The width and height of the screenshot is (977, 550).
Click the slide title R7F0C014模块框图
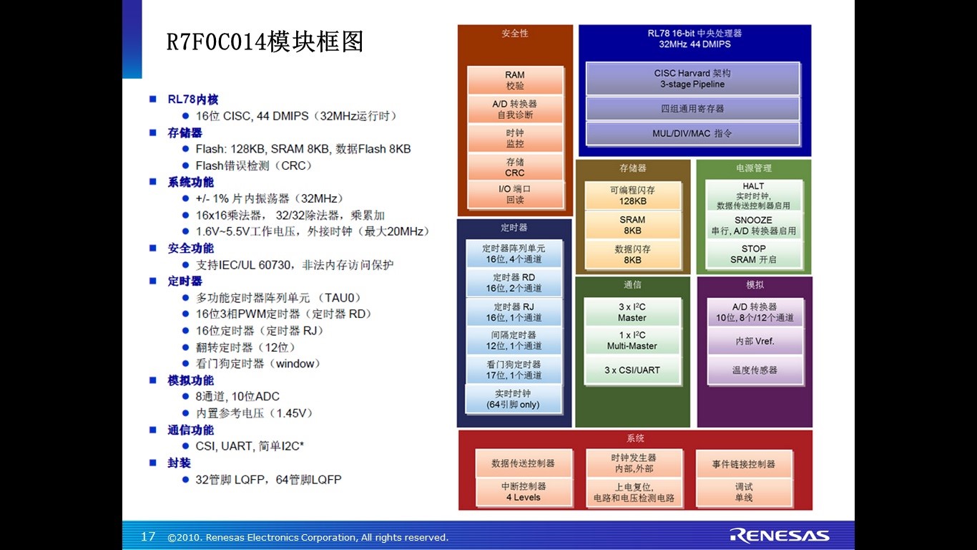click(x=265, y=42)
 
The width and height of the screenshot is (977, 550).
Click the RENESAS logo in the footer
click(x=780, y=536)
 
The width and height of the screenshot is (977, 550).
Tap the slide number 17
click(x=148, y=536)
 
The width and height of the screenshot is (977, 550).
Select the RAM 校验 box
click(x=515, y=80)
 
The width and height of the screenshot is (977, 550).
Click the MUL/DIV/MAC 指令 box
click(x=692, y=134)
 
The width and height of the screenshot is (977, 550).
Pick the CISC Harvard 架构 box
click(x=692, y=79)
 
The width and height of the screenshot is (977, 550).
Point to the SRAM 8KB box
click(x=632, y=225)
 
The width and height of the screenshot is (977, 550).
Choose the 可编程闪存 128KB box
click(x=632, y=196)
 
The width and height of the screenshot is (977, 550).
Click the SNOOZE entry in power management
click(x=754, y=226)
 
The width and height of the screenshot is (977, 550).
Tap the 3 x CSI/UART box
click(x=632, y=370)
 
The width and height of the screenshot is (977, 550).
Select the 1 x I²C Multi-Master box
click(x=632, y=340)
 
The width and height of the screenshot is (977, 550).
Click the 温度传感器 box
click(x=755, y=370)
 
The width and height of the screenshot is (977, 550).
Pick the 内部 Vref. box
click(x=755, y=341)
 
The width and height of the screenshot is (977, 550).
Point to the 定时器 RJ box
click(x=514, y=312)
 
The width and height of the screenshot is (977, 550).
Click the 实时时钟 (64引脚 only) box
click(x=513, y=399)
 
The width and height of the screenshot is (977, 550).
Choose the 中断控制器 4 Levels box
click(x=524, y=492)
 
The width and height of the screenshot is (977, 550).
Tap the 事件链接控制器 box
click(x=744, y=464)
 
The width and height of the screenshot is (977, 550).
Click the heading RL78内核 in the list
click(x=193, y=100)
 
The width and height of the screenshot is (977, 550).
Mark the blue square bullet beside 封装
click(x=152, y=463)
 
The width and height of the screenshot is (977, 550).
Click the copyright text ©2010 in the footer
click(x=308, y=537)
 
